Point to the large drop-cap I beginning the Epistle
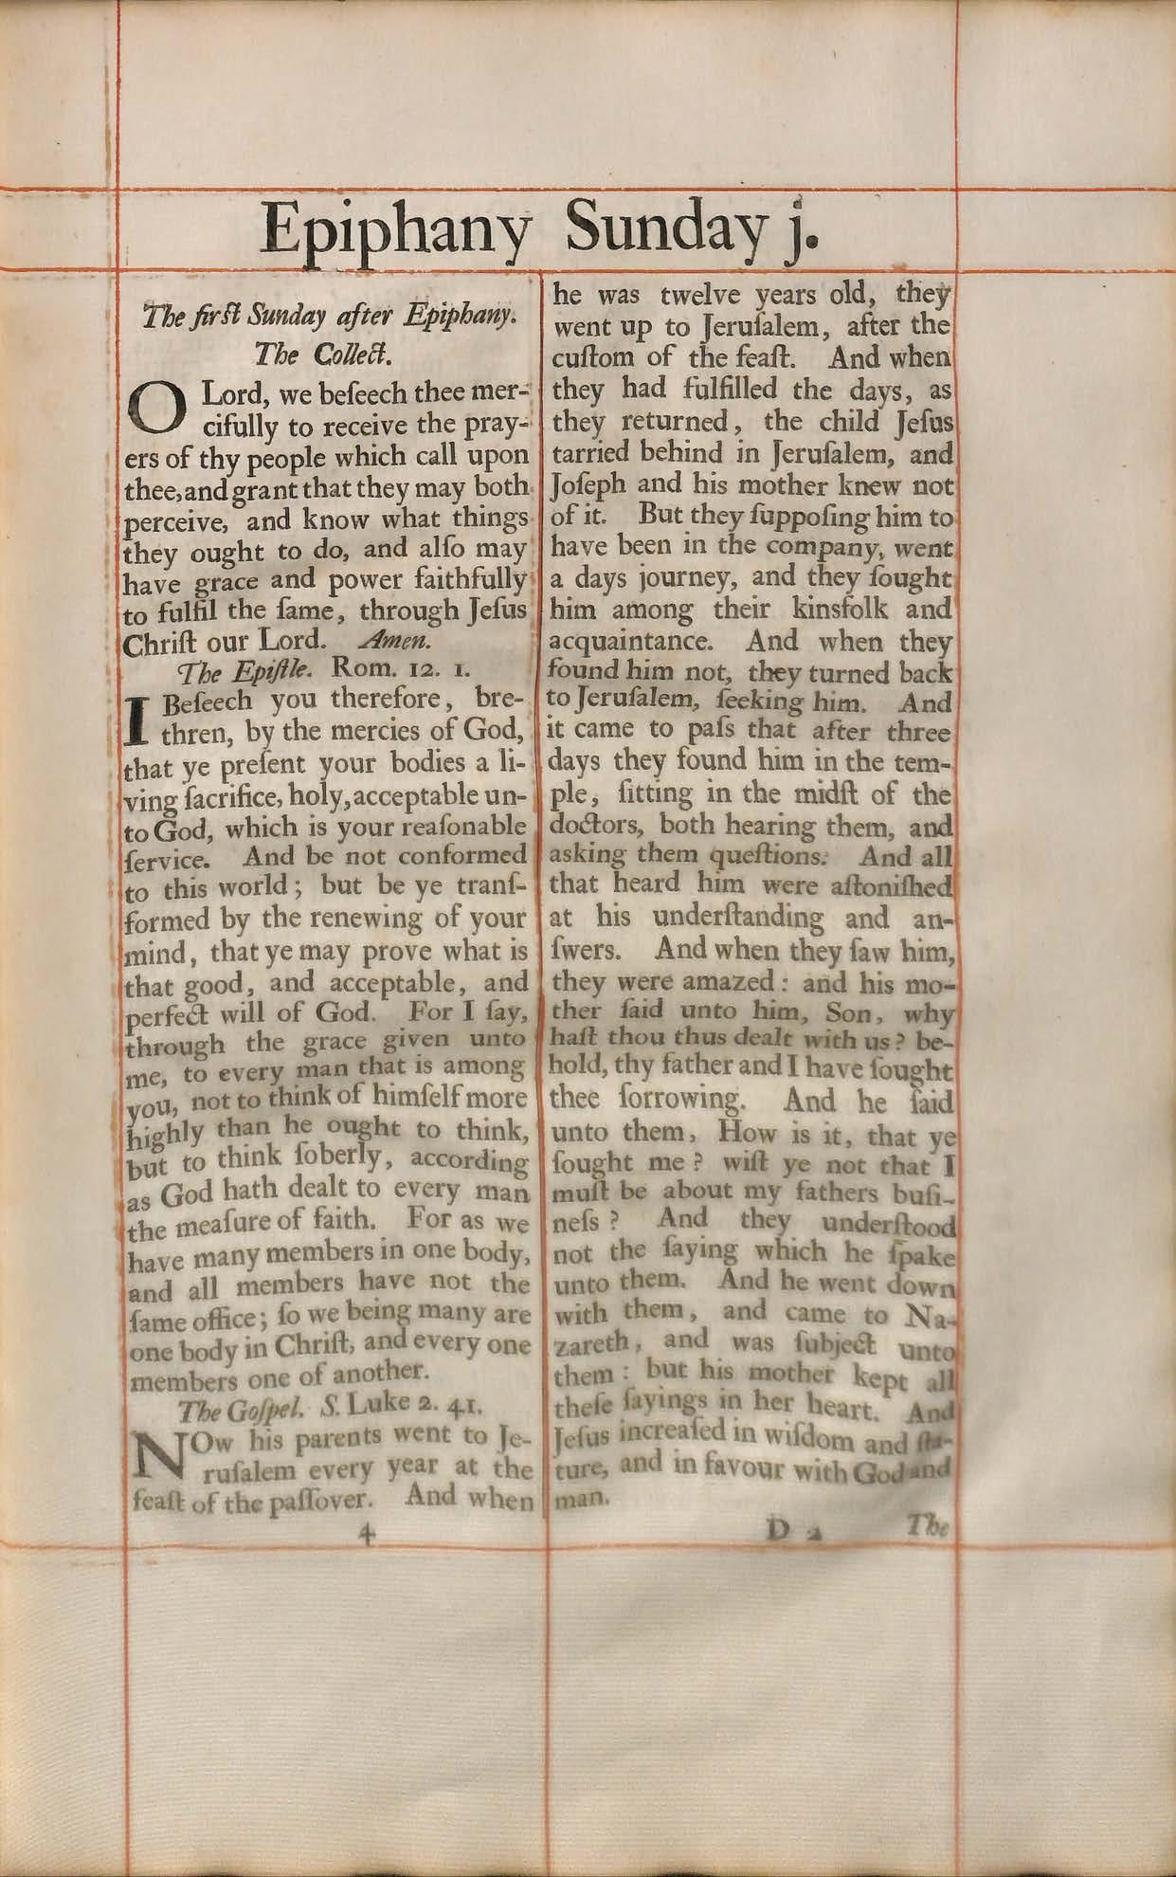click(138, 719)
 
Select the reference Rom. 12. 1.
click(392, 671)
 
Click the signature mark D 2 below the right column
click(787, 1532)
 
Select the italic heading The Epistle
click(243, 672)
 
